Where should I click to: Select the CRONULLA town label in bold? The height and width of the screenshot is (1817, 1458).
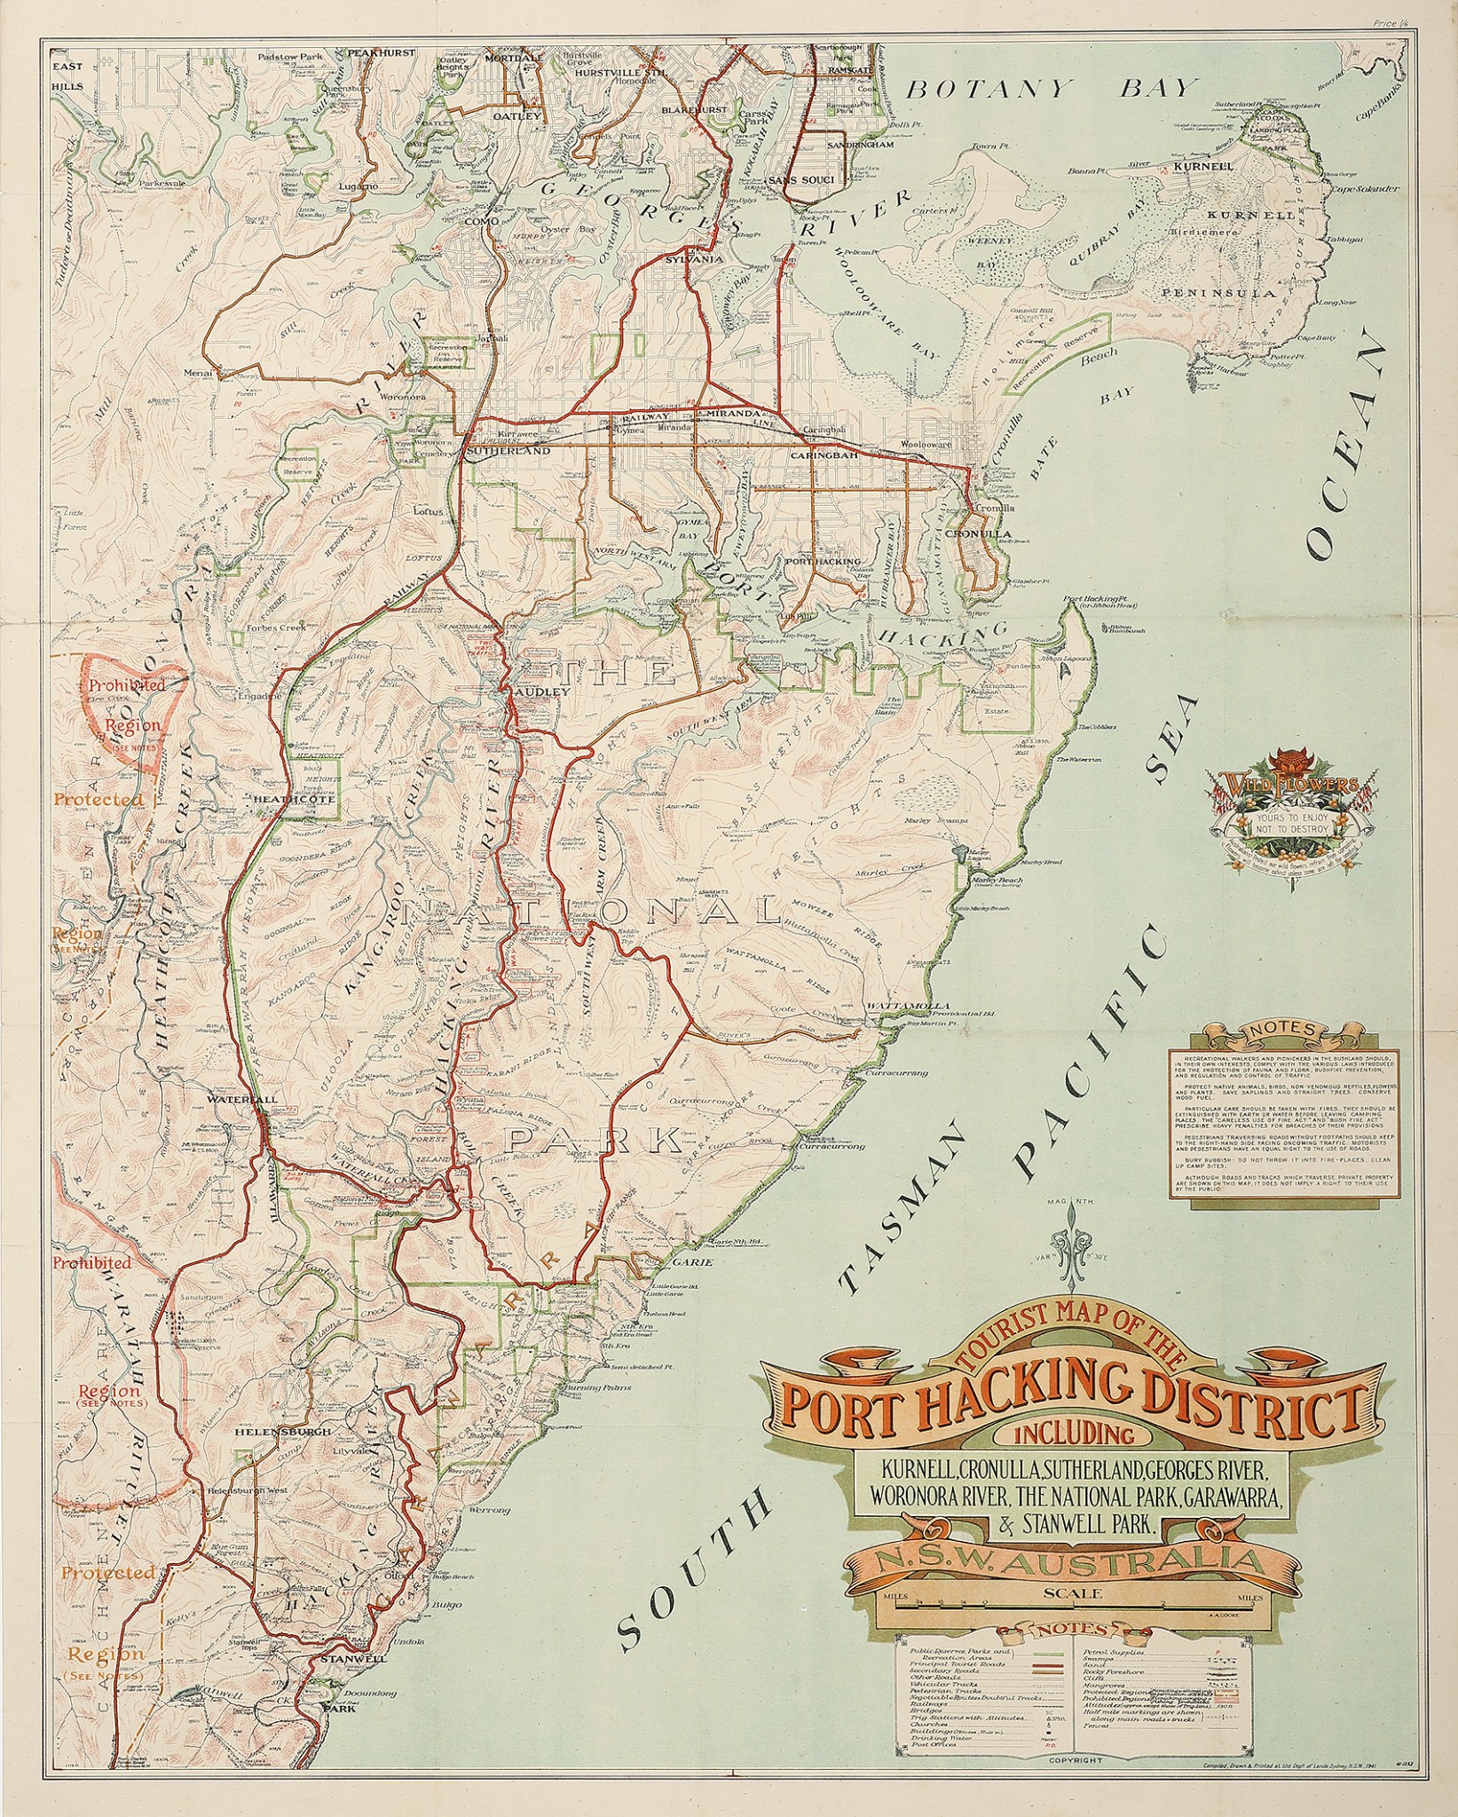pos(978,534)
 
